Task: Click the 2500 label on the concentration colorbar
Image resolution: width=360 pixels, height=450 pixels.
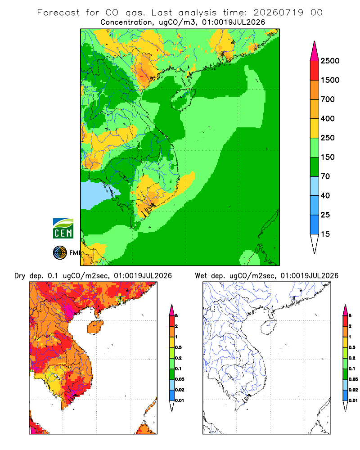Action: [330, 61]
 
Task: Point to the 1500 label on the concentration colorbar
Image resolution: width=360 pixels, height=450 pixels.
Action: [330, 80]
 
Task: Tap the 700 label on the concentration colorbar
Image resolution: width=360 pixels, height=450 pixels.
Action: [328, 99]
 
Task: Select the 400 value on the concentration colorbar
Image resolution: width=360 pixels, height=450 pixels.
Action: [328, 118]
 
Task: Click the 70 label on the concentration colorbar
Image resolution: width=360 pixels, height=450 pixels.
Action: [325, 176]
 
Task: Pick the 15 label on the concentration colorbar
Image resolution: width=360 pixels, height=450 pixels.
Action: [325, 234]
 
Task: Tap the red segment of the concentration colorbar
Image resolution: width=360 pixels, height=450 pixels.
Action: [315, 71]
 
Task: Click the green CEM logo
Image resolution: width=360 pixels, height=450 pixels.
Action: [63, 229]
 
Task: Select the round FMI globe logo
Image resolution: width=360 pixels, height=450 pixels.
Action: [60, 253]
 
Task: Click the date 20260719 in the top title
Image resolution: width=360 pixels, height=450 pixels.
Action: [278, 13]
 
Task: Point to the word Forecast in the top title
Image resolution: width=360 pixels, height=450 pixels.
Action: [58, 13]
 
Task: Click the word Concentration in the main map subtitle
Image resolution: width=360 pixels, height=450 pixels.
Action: [126, 22]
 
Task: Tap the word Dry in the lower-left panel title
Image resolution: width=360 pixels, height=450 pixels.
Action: [20, 276]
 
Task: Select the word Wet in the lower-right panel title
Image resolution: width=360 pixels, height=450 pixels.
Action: [201, 276]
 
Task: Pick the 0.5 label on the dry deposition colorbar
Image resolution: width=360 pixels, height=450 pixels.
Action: [178, 347]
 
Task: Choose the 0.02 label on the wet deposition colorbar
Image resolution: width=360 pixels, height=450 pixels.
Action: [353, 390]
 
